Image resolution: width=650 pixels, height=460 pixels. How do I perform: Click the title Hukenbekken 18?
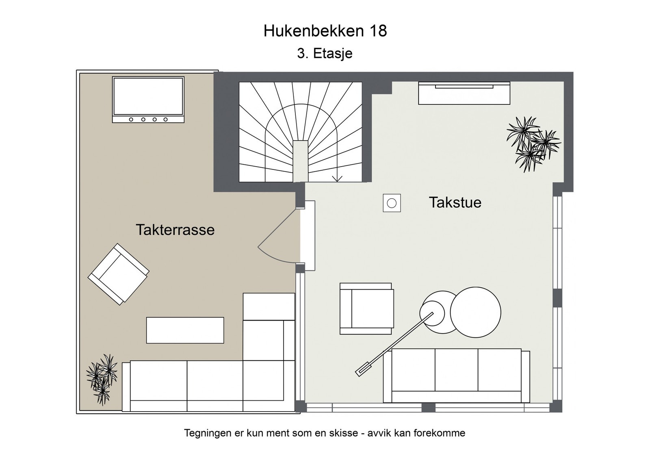(x=325, y=31)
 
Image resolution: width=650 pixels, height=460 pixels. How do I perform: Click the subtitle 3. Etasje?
(x=325, y=53)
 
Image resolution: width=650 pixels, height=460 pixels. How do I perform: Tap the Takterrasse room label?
(x=175, y=230)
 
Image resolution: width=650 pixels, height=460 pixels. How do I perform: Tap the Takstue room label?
(x=455, y=202)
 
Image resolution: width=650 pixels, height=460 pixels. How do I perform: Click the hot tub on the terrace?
(x=148, y=100)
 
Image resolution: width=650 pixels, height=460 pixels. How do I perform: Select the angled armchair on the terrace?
(x=118, y=274)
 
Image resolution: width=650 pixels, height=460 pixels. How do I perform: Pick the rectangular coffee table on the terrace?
(x=185, y=330)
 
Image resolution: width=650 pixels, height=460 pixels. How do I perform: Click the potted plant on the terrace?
(x=101, y=378)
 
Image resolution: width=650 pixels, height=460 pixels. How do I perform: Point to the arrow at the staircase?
(x=337, y=178)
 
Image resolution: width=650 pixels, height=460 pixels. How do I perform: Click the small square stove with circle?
(x=392, y=203)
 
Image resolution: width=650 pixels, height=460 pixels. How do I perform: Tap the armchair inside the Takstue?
(x=367, y=308)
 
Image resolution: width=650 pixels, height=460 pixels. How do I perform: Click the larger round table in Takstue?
(x=475, y=312)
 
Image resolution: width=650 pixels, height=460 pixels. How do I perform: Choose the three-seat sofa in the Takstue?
(x=456, y=375)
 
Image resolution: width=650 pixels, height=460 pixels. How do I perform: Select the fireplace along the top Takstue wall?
(x=464, y=93)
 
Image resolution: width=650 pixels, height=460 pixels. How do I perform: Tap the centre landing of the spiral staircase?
(x=301, y=161)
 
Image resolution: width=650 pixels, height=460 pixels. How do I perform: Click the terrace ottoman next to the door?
(x=269, y=306)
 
